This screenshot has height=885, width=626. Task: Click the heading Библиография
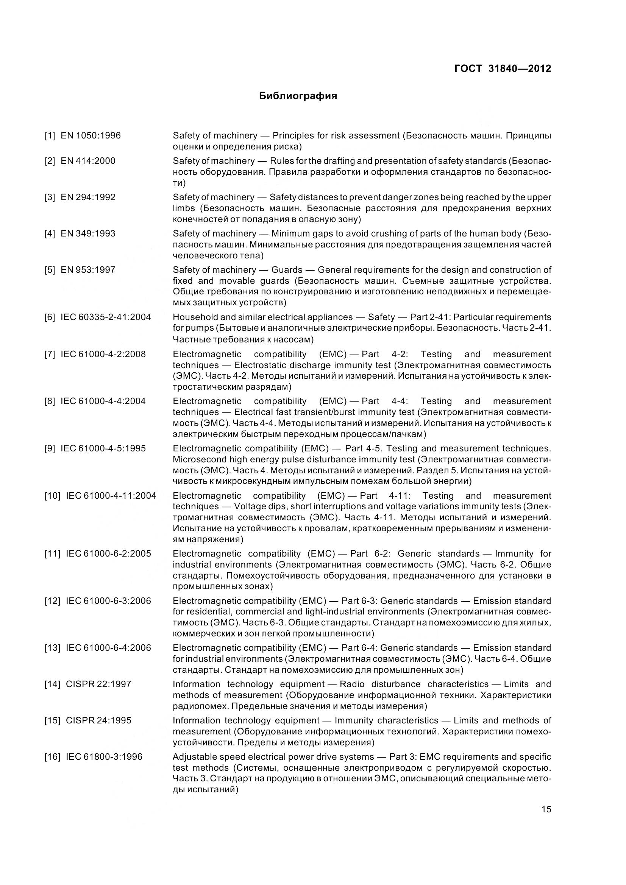tap(298, 96)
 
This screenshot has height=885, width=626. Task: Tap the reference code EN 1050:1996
tap(91, 136)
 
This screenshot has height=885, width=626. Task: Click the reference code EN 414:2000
tap(88, 161)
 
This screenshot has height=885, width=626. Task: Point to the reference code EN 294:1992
tap(88, 198)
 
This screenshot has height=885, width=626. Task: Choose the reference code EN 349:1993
tap(88, 233)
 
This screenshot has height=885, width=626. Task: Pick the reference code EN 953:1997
tap(88, 270)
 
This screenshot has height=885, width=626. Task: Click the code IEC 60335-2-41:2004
tap(106, 317)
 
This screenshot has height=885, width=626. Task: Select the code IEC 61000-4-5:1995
tap(103, 448)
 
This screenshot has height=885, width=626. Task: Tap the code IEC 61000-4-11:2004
tap(111, 496)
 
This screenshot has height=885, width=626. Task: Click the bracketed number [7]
tap(50, 354)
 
